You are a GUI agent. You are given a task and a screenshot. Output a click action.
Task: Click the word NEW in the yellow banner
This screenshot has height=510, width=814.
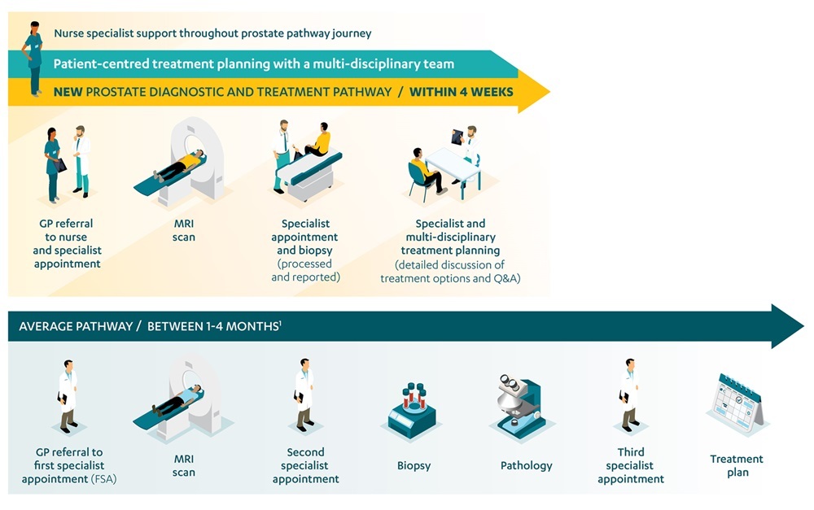pyautogui.click(x=68, y=92)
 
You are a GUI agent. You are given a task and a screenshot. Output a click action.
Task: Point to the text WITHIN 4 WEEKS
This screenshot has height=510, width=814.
pyautogui.click(x=461, y=92)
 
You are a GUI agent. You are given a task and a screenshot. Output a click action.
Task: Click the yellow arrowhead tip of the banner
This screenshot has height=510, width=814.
pyautogui.click(x=549, y=92)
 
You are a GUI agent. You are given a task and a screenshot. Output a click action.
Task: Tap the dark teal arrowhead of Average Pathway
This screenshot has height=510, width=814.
pyautogui.click(x=787, y=326)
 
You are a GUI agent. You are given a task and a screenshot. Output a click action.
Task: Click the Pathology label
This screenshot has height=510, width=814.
pyautogui.click(x=526, y=465)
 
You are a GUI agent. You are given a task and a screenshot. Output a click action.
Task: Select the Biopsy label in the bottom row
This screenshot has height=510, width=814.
pyautogui.click(x=414, y=465)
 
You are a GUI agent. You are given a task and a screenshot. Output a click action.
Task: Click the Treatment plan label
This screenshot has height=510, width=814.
pyautogui.click(x=737, y=465)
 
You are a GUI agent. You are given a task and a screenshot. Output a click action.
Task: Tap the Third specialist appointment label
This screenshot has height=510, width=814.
pyautogui.click(x=630, y=465)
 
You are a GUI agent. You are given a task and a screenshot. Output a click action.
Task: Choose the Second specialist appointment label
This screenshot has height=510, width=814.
pyautogui.click(x=305, y=465)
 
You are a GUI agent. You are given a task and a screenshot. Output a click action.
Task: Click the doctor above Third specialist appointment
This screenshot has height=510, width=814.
pyautogui.click(x=629, y=394)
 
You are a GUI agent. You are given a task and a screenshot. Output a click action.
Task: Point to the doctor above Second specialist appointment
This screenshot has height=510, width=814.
pyautogui.click(x=304, y=394)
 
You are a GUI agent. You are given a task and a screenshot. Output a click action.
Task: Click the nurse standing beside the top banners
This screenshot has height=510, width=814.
pyautogui.click(x=33, y=59)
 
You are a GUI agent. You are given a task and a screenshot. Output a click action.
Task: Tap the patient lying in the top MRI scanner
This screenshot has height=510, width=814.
pyautogui.click(x=180, y=165)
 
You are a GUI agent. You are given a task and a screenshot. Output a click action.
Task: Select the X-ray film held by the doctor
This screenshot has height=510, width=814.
pyautogui.click(x=457, y=137)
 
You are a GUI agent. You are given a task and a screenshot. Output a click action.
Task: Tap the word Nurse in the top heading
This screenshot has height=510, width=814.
pyautogui.click(x=68, y=33)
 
